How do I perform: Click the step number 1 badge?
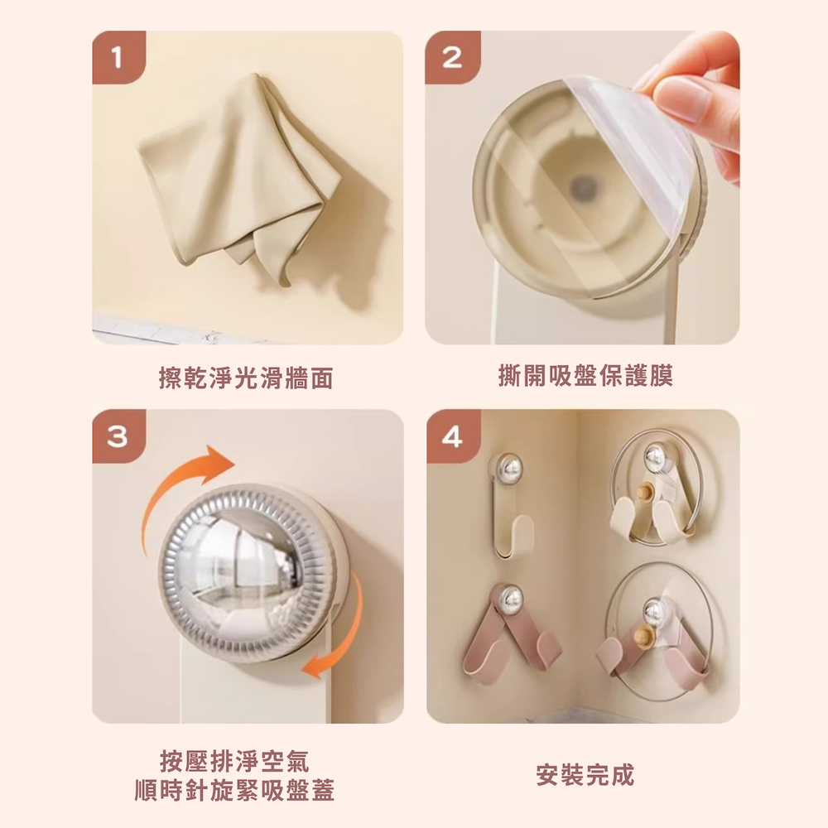[118, 57]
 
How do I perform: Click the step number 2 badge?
[453, 57]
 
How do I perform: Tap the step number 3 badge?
[118, 436]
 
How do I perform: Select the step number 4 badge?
[453, 436]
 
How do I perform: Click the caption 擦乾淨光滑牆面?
[246, 378]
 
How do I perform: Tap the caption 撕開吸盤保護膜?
[585, 375]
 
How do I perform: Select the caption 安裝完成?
[585, 775]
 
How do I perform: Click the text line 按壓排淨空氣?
[234, 761]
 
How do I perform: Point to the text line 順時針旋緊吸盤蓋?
[234, 791]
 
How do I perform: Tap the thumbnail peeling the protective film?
[582, 187]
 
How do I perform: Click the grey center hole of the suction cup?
[583, 185]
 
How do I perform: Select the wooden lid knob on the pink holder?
[643, 636]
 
